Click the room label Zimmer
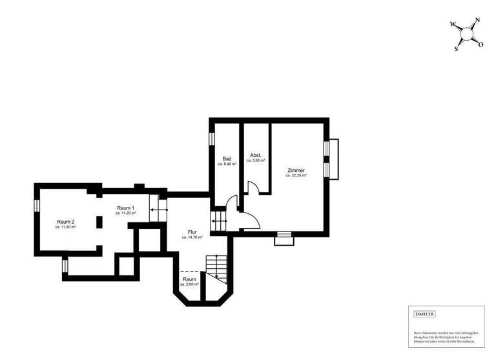pos(296,171)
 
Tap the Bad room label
pos(227,159)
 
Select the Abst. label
pos(256,155)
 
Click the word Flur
pos(192,232)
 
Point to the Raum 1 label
pos(125,208)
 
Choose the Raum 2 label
pos(66,222)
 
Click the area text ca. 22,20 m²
pos(296,176)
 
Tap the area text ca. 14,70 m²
pos(192,238)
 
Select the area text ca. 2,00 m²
pos(189,284)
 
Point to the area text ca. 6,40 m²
pos(227,165)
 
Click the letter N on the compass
pos(477,21)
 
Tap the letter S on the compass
pos(457,48)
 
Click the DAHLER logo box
pos(424,314)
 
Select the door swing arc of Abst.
pos(253,188)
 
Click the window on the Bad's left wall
pos(211,138)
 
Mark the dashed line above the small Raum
pos(189,271)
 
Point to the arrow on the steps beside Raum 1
pos(154,209)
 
